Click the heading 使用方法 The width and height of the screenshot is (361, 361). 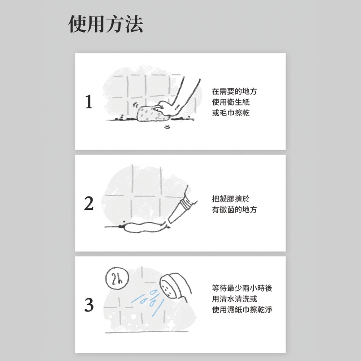click(x=106, y=24)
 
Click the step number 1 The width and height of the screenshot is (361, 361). click(x=89, y=102)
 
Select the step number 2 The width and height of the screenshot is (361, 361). click(x=89, y=204)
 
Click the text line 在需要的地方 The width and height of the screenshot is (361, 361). click(x=234, y=91)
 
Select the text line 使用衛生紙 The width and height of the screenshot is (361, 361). click(x=230, y=102)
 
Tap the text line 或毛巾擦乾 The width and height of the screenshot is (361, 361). click(x=230, y=113)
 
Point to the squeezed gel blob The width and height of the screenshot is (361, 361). click(x=145, y=227)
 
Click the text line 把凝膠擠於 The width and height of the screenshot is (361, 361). click(x=230, y=199)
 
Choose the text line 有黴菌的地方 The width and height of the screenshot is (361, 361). click(x=234, y=209)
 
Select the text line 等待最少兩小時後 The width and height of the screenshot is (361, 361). click(x=242, y=288)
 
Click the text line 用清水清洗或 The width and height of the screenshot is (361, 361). click(x=234, y=299)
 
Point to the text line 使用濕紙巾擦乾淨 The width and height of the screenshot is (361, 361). click(x=242, y=310)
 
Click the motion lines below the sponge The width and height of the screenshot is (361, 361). click(x=167, y=127)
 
